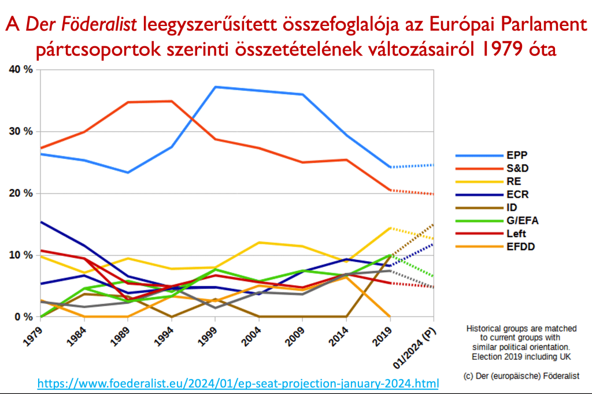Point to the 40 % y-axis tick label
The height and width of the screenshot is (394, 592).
pyautogui.click(x=21, y=69)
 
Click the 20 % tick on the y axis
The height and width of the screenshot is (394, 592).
pyautogui.click(x=21, y=193)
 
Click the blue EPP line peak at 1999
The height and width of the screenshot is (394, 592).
pyautogui.click(x=214, y=87)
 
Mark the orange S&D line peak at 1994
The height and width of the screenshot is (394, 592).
pyautogui.click(x=171, y=101)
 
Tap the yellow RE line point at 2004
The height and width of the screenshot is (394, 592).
pyautogui.click(x=258, y=242)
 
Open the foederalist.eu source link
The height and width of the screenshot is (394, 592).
pyautogui.click(x=238, y=382)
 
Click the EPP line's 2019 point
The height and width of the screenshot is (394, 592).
pyautogui.click(x=391, y=167)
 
